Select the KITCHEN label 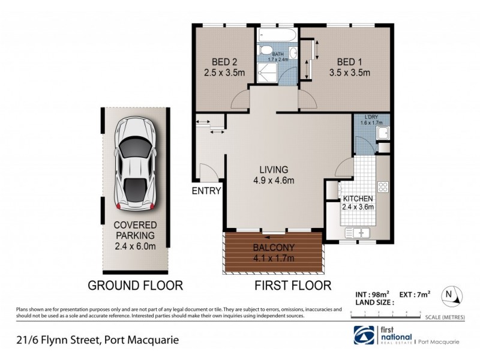point(359,199)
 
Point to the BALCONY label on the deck point(273,247)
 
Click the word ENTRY point(206,191)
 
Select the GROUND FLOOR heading point(135,285)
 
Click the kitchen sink point(358,232)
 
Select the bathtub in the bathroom point(278,35)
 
